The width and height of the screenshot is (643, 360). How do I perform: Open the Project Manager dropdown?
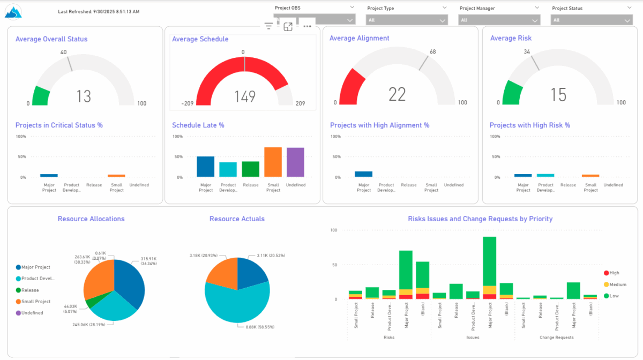click(x=499, y=20)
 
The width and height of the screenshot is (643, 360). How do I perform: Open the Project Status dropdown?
click(x=592, y=20)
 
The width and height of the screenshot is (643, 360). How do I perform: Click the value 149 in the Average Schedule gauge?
click(x=245, y=96)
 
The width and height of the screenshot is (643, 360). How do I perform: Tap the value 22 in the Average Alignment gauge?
click(x=397, y=94)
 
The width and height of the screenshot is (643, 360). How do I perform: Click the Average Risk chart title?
click(x=511, y=38)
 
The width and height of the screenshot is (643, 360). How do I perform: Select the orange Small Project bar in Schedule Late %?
click(x=273, y=162)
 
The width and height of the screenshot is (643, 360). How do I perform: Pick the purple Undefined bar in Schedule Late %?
click(x=295, y=162)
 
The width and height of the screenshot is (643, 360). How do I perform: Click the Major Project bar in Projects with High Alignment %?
click(x=363, y=174)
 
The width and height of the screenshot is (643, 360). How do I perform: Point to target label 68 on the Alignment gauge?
click(x=432, y=52)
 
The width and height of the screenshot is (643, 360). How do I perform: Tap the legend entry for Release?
click(x=30, y=290)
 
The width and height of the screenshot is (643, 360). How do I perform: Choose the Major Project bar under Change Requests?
click(x=573, y=290)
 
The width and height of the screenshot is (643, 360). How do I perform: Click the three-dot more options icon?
click(x=307, y=26)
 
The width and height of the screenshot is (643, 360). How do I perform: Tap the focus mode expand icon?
click(x=288, y=27)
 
